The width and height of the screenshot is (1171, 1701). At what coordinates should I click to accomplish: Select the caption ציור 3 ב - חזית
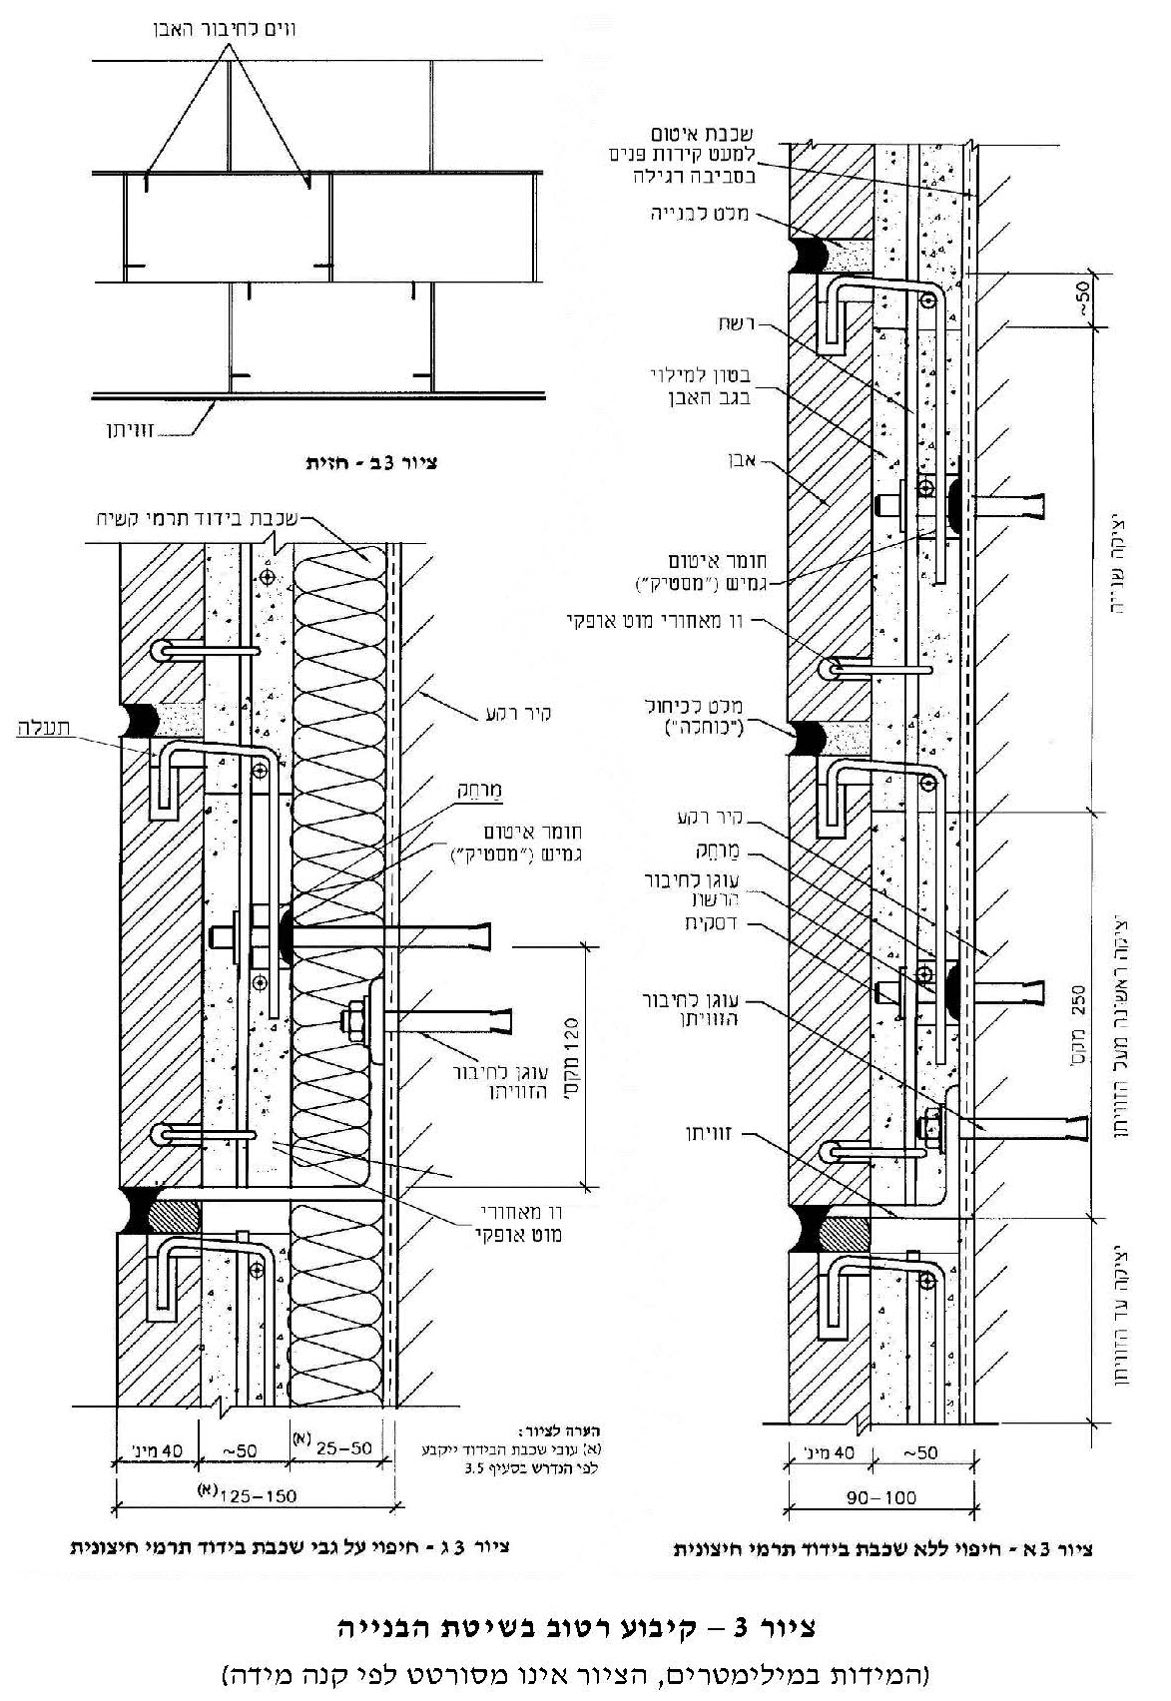click(372, 464)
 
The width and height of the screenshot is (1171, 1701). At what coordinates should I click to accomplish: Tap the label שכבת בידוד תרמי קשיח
click(199, 519)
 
